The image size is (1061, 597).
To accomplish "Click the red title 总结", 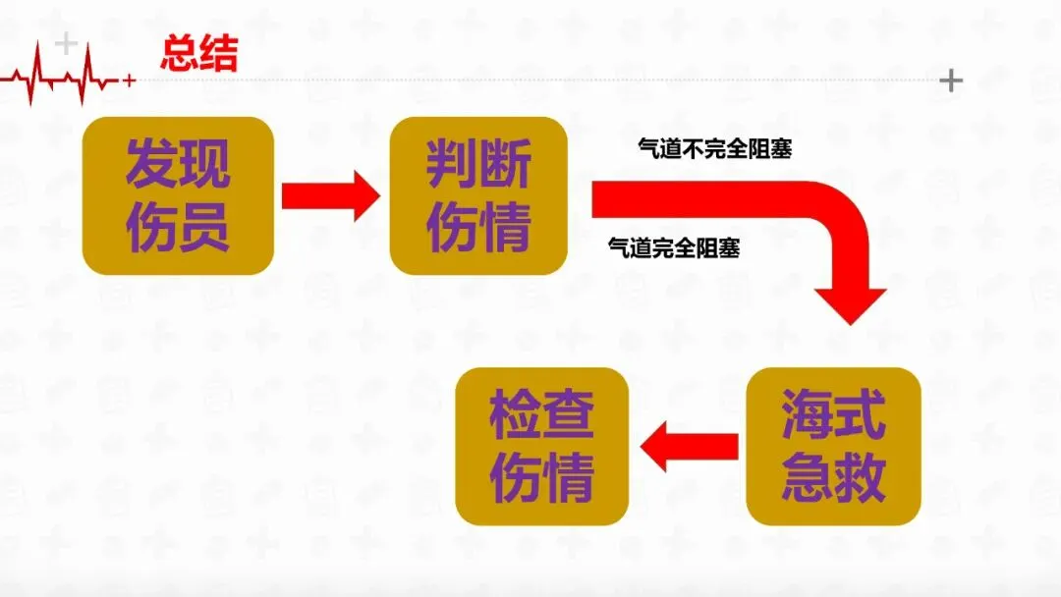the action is [x=198, y=54].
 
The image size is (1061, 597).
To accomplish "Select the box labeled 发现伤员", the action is [x=177, y=195].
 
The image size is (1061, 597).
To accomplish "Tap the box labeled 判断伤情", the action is [x=478, y=195].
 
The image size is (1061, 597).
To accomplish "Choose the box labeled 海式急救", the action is [x=833, y=447].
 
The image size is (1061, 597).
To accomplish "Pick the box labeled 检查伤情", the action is [x=542, y=447].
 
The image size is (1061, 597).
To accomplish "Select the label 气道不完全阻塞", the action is [x=715, y=149].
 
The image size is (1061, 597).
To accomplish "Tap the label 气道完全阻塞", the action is [x=674, y=248].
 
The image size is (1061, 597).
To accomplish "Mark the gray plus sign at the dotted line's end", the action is [x=951, y=81].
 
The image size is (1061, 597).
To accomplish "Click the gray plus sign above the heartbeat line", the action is [x=66, y=43].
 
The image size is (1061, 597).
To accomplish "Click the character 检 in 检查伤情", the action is [x=516, y=415].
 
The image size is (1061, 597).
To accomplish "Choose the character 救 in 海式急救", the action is [x=860, y=478].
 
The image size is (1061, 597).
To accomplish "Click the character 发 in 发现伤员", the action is [x=151, y=163].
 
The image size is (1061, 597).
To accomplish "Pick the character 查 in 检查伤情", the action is [x=569, y=415].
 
